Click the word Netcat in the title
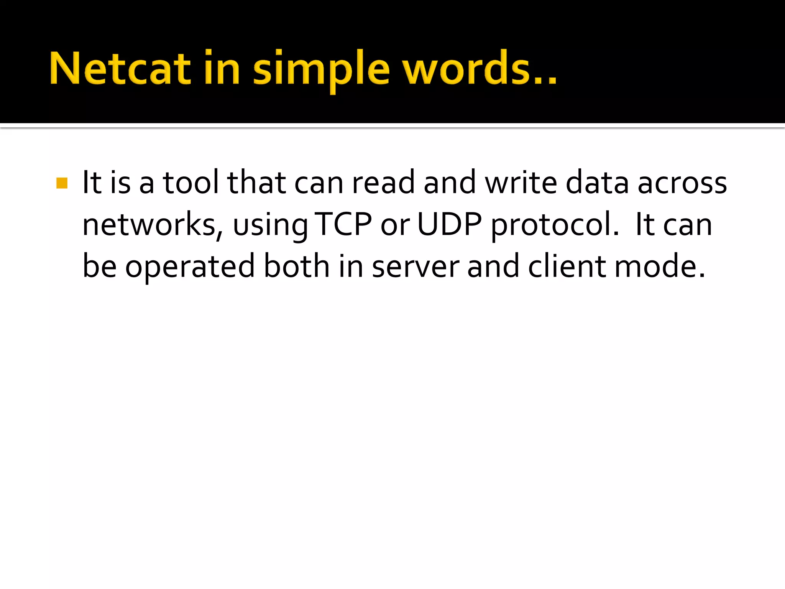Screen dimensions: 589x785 tap(120, 69)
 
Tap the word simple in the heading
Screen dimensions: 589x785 tap(321, 71)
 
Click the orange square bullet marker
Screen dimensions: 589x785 tap(62, 183)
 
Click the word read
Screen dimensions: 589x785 tap(383, 183)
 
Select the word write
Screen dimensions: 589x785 tap(521, 183)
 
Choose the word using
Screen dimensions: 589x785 tap(270, 226)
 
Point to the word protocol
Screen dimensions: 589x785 tap(554, 226)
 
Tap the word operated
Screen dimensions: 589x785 tap(190, 268)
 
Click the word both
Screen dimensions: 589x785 tap(297, 266)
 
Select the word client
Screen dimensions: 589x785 tap(567, 266)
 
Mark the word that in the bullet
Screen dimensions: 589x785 tap(256, 183)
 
